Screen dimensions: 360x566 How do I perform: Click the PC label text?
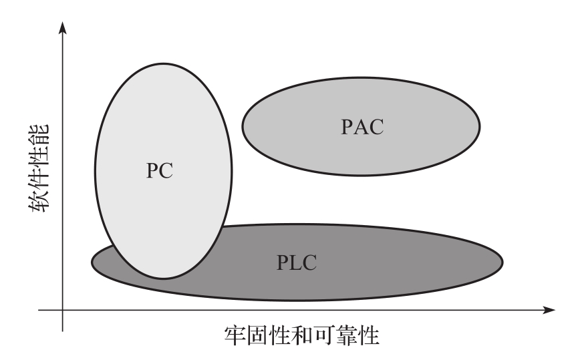point(160,170)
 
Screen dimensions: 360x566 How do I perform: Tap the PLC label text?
point(296,262)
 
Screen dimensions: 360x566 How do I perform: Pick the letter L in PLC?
point(295,262)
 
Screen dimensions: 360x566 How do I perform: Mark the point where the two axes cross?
point(63,310)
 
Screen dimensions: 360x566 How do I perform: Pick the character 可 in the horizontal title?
point(330,335)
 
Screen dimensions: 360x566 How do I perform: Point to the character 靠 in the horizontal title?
point(355,335)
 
